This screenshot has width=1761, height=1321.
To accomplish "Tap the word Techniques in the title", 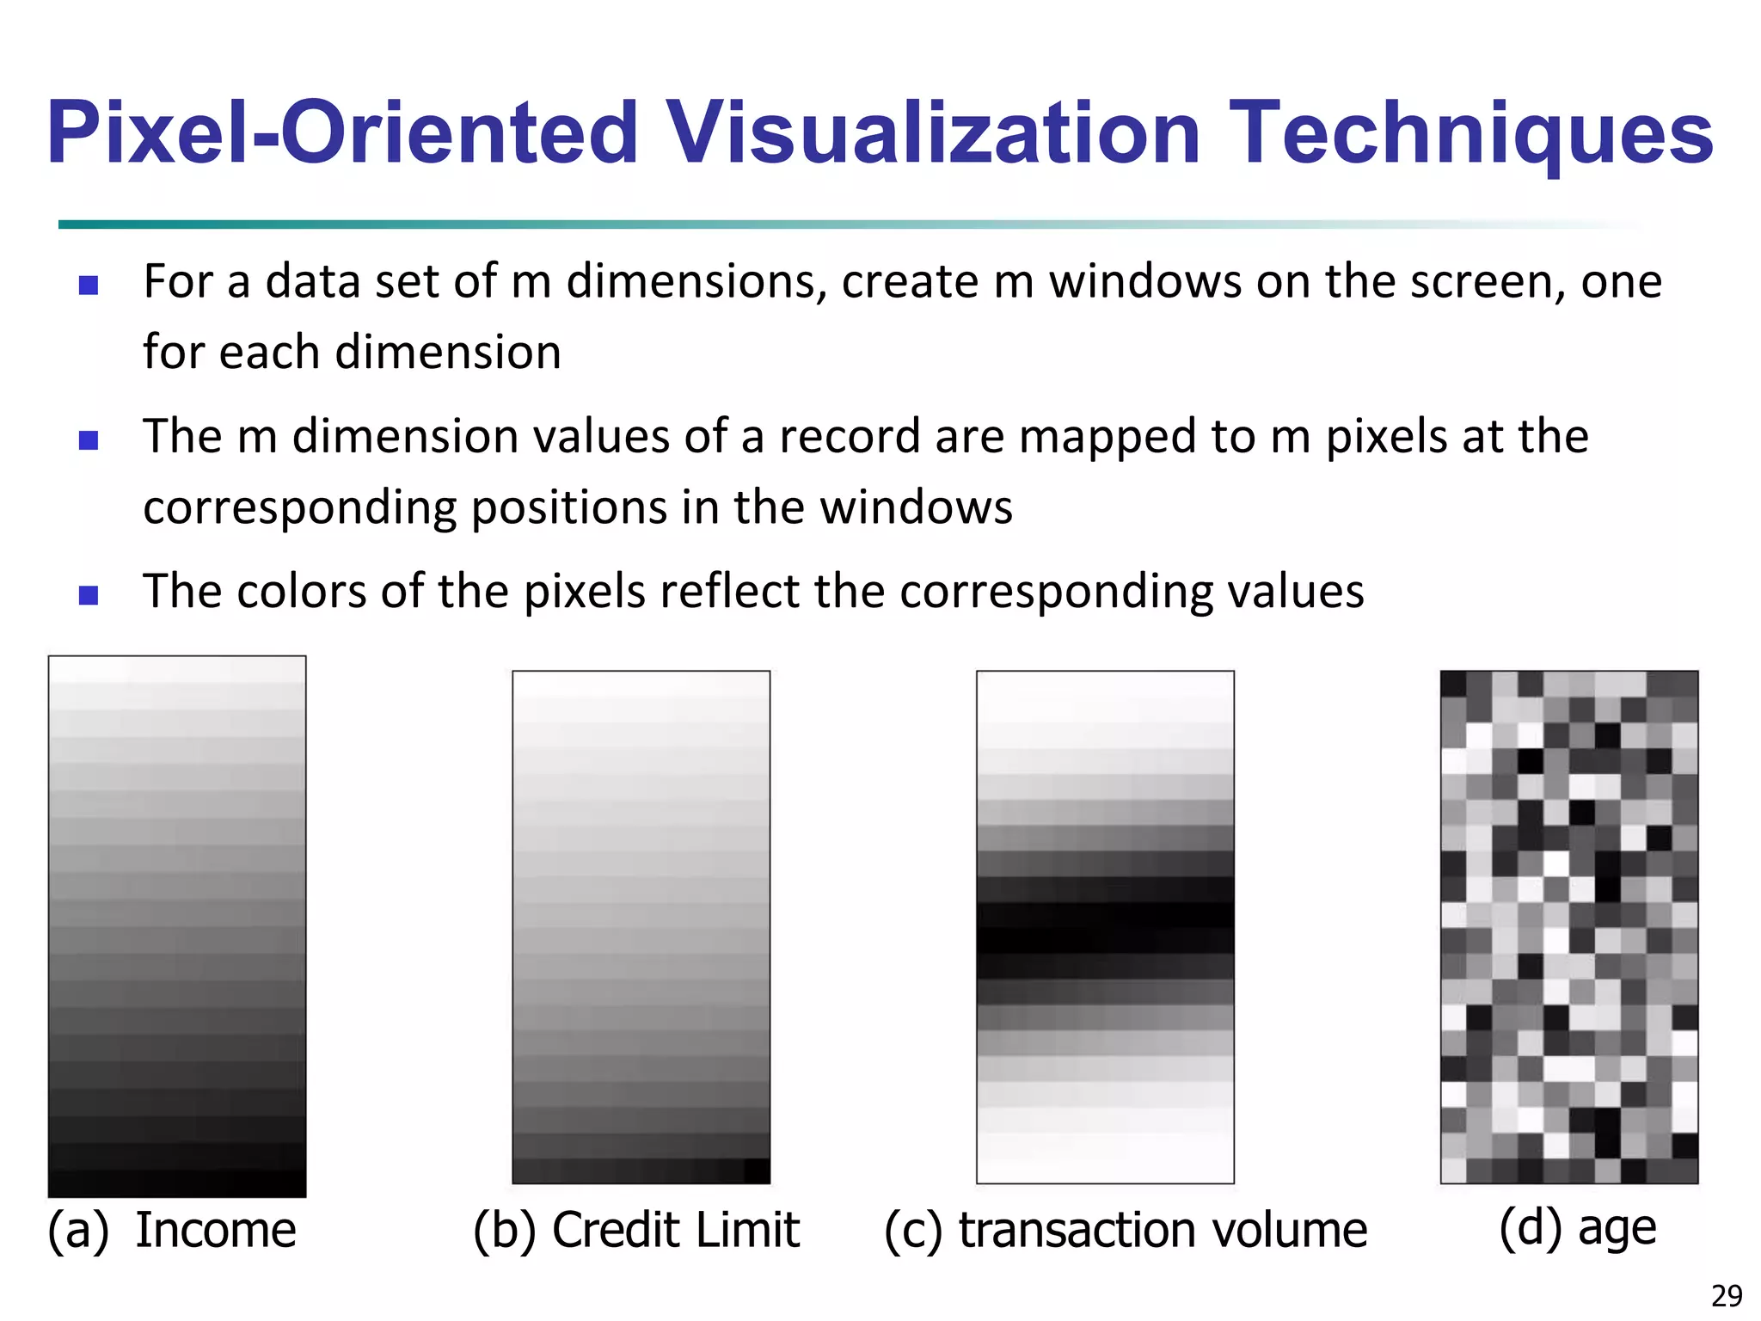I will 1471,133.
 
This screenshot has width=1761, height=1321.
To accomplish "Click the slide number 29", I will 1727,1295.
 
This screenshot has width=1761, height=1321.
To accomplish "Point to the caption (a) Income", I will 172,1230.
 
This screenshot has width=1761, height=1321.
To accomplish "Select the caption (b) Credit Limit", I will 636,1230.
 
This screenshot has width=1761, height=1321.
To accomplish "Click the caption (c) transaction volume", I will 1126,1230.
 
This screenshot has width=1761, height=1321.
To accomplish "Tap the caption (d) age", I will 1577,1228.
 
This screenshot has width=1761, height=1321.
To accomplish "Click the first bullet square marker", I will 88,286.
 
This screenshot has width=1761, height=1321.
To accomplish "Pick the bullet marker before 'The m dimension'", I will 88,440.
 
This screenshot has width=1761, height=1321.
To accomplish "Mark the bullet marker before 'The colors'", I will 88,595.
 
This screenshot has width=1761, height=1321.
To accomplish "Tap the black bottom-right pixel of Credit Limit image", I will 757,1170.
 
